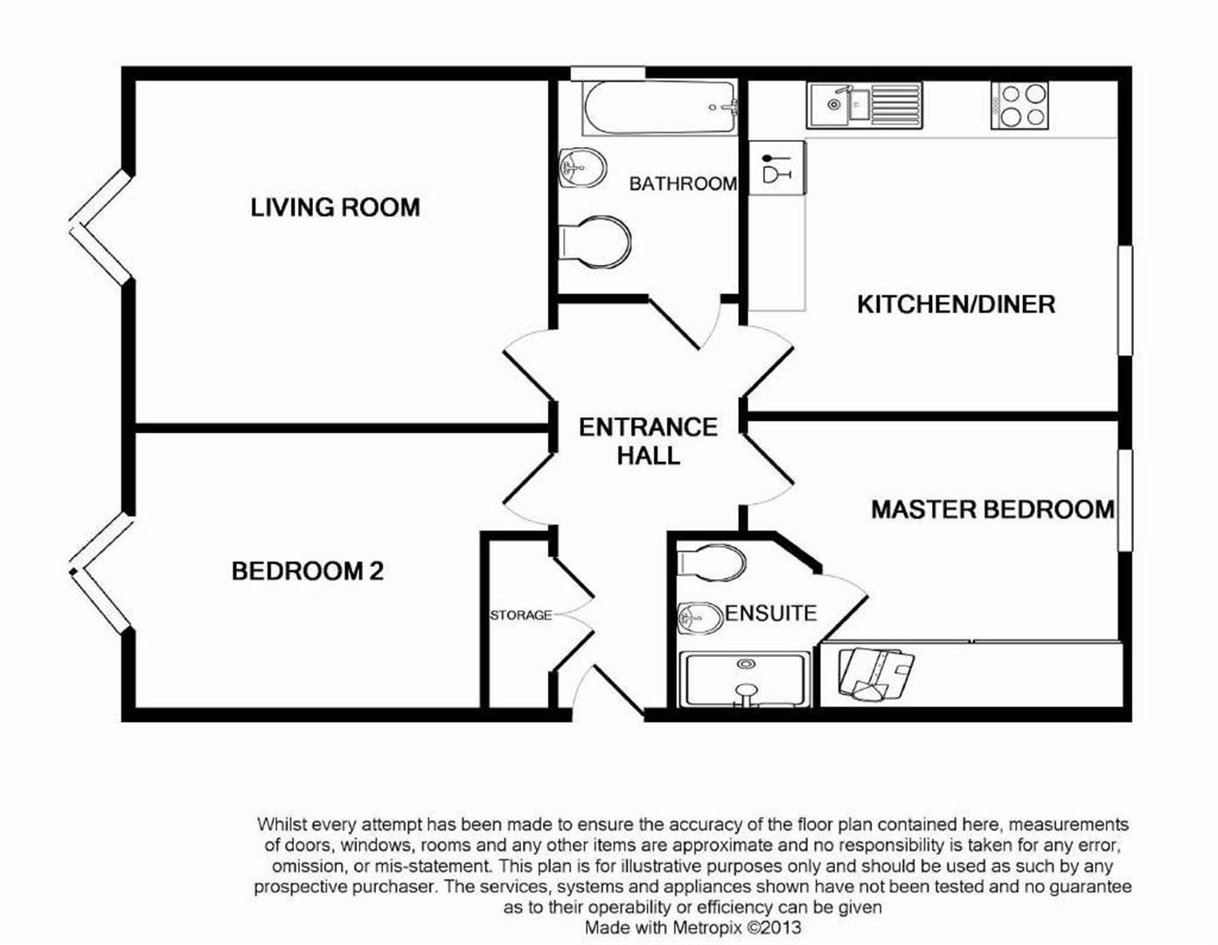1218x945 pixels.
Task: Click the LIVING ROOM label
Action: [x=335, y=207]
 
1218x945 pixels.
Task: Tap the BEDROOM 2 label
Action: [x=307, y=571]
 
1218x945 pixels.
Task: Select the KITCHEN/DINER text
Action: [x=956, y=304]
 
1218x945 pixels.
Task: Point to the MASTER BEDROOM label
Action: [x=992, y=509]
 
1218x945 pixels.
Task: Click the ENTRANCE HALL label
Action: [x=648, y=441]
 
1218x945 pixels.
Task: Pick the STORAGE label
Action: [x=520, y=615]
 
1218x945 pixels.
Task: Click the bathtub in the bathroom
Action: [x=659, y=108]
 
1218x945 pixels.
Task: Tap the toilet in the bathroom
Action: [x=595, y=241]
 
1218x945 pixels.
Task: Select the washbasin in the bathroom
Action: [x=581, y=166]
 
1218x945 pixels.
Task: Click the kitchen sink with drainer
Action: [x=864, y=105]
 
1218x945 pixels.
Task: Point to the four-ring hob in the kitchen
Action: [x=1019, y=105]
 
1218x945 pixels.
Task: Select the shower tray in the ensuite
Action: [x=744, y=679]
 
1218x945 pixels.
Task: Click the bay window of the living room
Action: [x=101, y=227]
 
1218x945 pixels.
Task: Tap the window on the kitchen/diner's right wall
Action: [x=1125, y=300]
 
